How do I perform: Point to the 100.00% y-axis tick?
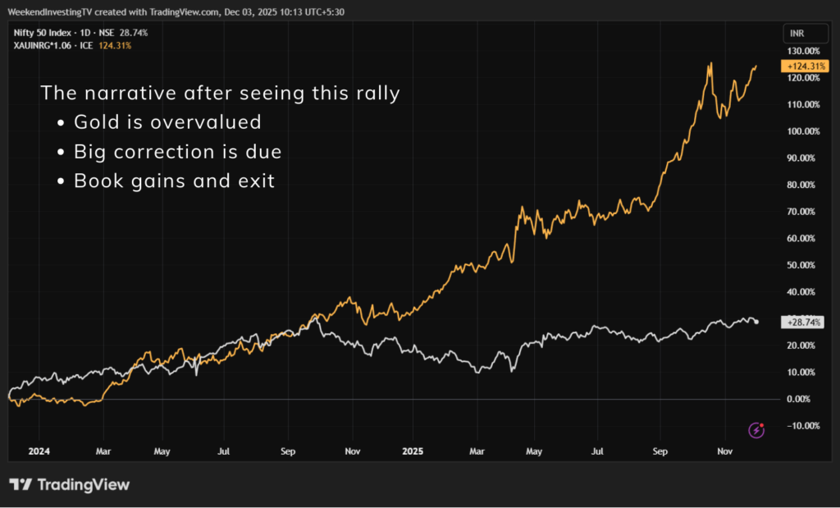pyautogui.click(x=803, y=131)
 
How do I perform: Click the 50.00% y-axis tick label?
pyautogui.click(x=803, y=265)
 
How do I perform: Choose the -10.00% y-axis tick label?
pyautogui.click(x=803, y=425)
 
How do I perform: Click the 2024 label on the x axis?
pyautogui.click(x=39, y=451)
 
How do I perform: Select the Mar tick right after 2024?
pyautogui.click(x=103, y=451)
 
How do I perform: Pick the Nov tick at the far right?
pyautogui.click(x=725, y=451)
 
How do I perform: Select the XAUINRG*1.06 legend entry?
pyautogui.click(x=38, y=45)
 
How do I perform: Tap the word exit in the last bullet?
pyautogui.click(x=258, y=181)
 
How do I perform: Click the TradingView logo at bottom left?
pyautogui.click(x=69, y=485)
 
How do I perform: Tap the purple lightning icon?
pyautogui.click(x=757, y=430)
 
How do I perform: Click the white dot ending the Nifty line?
pyautogui.click(x=756, y=322)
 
